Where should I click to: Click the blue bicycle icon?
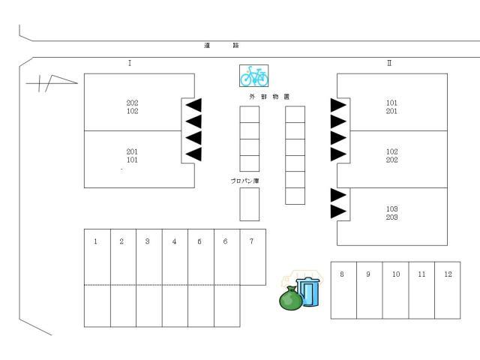pyautogui.click(x=254, y=76)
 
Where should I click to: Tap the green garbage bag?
pyautogui.click(x=290, y=298)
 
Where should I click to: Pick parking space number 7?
pyautogui.click(x=252, y=257)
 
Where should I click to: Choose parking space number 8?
pyautogui.click(x=343, y=289)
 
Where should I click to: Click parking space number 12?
pyautogui.click(x=448, y=289)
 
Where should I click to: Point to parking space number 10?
pyautogui.click(x=395, y=289)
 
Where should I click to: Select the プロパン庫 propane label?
pyautogui.click(x=245, y=181)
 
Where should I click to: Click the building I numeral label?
pyautogui.click(x=130, y=64)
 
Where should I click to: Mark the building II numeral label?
pyautogui.click(x=388, y=64)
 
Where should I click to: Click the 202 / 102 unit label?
pyautogui.click(x=132, y=107)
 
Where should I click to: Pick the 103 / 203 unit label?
pyautogui.click(x=391, y=213)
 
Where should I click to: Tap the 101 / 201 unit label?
pyautogui.click(x=391, y=107)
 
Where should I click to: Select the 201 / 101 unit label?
pyautogui.click(x=132, y=155)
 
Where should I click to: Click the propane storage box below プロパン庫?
pyautogui.click(x=249, y=204)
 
